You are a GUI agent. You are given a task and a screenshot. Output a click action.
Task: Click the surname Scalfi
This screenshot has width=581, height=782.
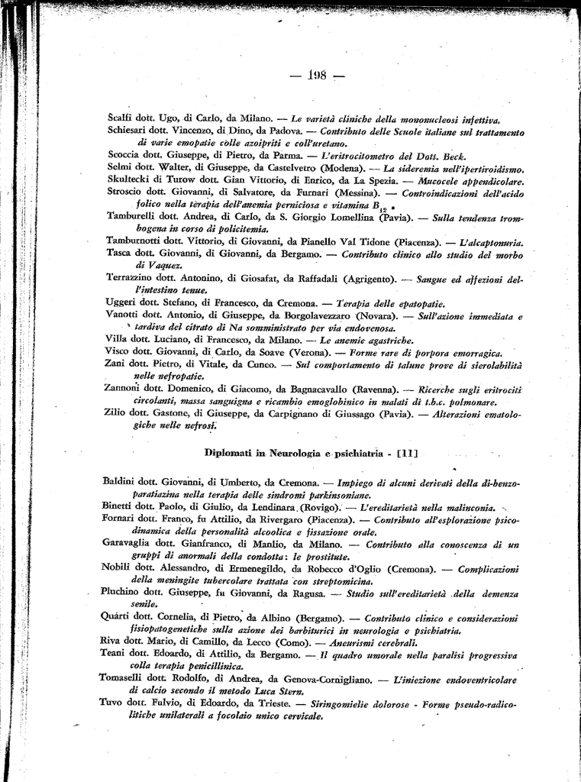(x=121, y=118)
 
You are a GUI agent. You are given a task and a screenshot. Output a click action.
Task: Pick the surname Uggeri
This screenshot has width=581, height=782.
(x=120, y=302)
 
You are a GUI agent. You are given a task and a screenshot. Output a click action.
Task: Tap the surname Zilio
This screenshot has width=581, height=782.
(x=117, y=413)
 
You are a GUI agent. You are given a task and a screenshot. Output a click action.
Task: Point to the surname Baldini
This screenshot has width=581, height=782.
(x=121, y=482)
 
